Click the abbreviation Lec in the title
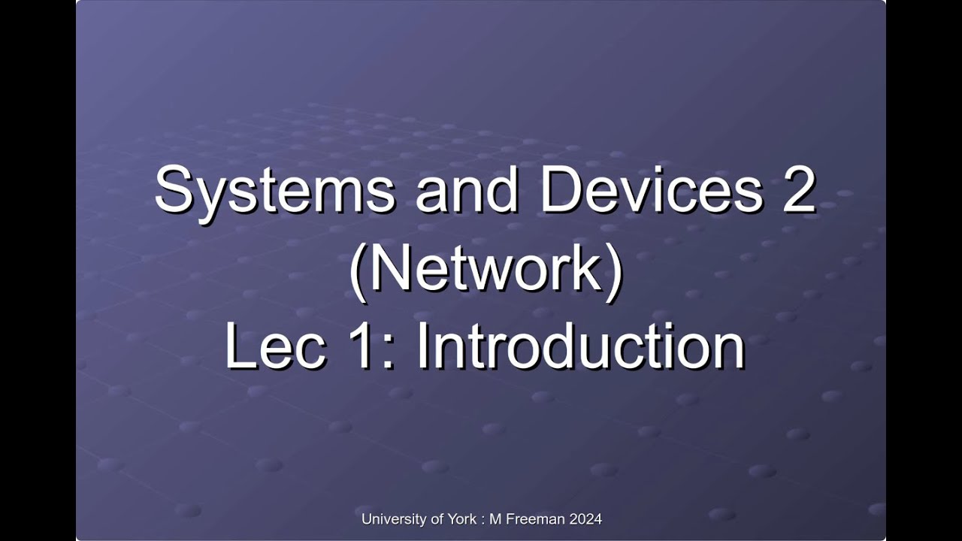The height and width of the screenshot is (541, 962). (275, 346)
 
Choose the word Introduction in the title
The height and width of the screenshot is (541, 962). (579, 346)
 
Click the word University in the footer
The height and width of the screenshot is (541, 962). (392, 519)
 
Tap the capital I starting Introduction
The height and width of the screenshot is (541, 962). (422, 346)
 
